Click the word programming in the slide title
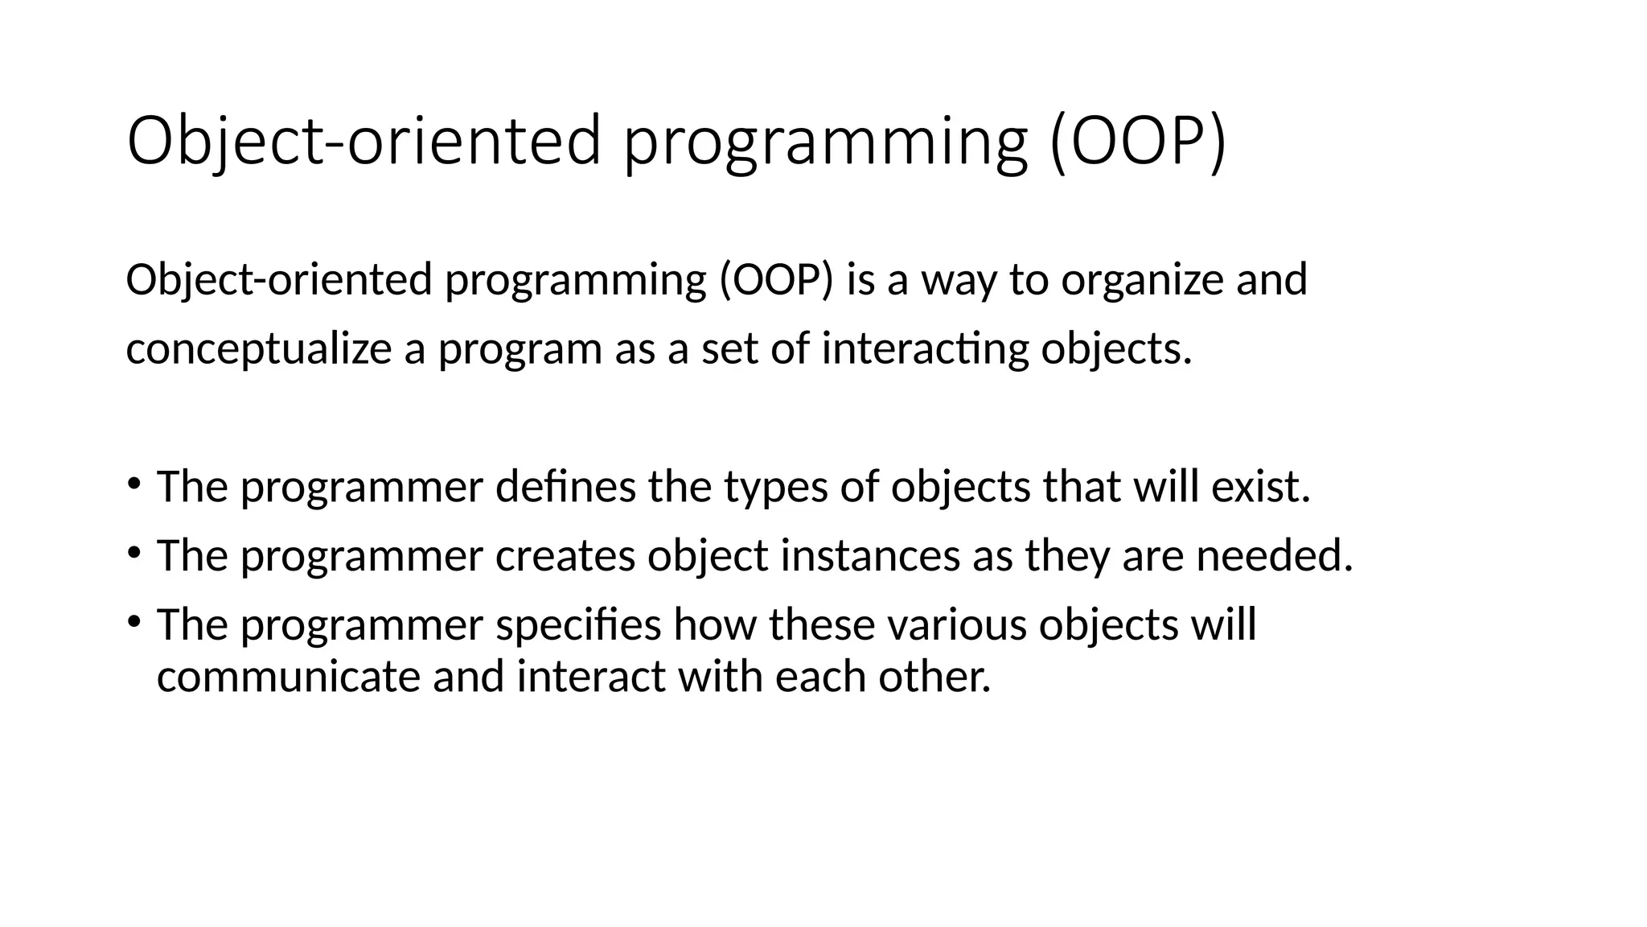826,142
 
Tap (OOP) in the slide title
1139,141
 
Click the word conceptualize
258,350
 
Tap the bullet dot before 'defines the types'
134,484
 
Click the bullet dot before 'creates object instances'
134,553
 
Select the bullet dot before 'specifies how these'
134,621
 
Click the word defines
565,487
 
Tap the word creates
565,556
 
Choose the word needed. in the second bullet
1274,556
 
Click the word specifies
578,625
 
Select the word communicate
288,677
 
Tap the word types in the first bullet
775,488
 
